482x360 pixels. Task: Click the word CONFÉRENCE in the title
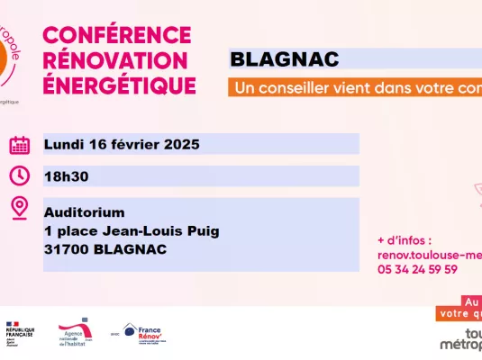(x=117, y=35)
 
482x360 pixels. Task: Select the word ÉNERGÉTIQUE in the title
(x=120, y=85)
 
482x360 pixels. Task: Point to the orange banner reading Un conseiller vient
(x=356, y=89)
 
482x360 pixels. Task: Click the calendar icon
(x=20, y=145)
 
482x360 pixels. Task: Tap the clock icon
(x=20, y=175)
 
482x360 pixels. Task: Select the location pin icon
(x=20, y=208)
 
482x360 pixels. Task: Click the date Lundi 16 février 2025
(x=122, y=144)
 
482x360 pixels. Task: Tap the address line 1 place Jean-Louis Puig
(x=132, y=230)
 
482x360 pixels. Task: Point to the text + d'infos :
(x=405, y=241)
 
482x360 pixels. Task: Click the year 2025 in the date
(x=182, y=144)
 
